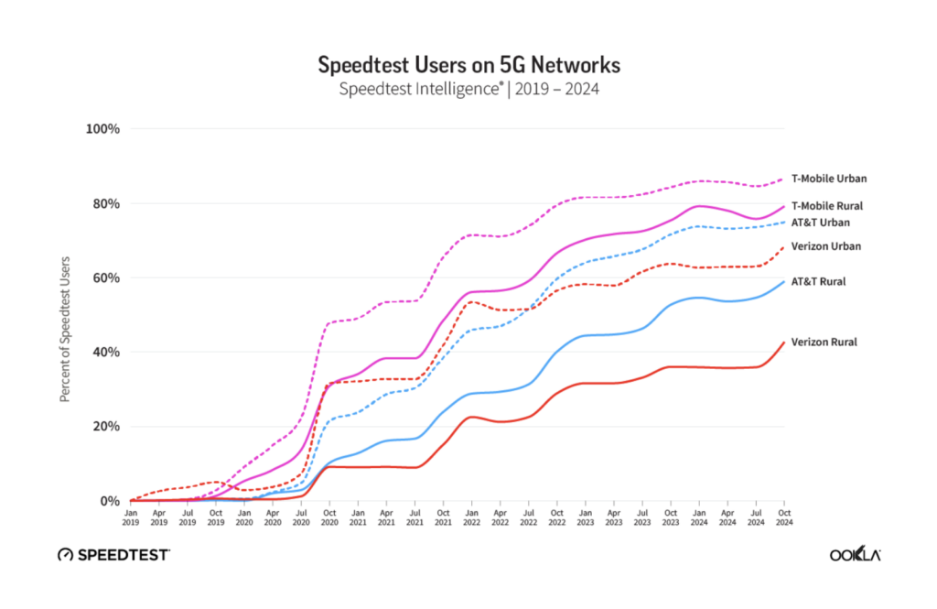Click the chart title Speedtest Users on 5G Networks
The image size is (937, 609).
point(468,65)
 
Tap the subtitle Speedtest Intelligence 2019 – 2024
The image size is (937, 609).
point(468,90)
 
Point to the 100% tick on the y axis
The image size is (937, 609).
point(102,128)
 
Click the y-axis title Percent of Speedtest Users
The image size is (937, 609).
point(66,315)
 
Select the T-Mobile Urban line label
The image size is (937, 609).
point(828,179)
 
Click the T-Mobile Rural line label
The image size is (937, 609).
point(826,206)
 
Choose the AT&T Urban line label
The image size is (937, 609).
point(821,223)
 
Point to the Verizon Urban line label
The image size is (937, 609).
point(825,246)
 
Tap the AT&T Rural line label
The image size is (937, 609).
point(818,281)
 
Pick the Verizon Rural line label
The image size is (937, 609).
point(824,342)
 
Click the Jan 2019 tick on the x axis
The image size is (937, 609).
point(131,517)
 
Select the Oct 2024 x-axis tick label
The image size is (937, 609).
point(783,517)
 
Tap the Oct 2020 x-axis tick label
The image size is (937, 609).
point(328,517)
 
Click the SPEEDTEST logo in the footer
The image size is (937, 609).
point(113,555)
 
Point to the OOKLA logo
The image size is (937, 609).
point(855,555)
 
